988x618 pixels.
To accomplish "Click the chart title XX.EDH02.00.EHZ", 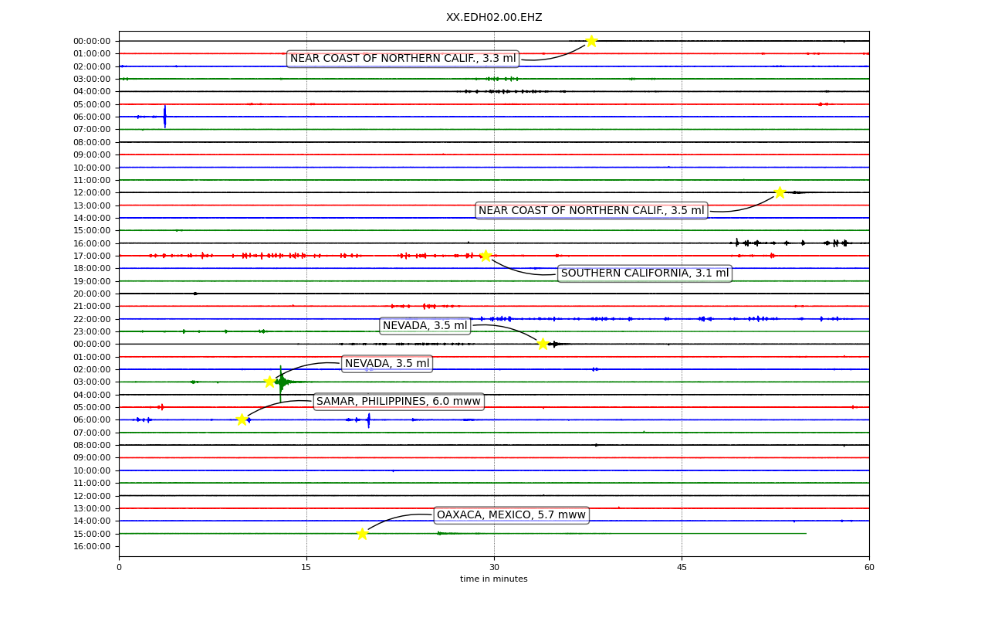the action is tap(494, 17).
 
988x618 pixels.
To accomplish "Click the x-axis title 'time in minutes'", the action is tap(493, 579).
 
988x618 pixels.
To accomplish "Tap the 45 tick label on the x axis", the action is tap(682, 567).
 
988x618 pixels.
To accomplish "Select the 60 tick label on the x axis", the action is tap(869, 567).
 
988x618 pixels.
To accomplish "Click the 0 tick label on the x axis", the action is tap(119, 567).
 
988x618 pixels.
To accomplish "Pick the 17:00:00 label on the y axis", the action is tap(92, 256).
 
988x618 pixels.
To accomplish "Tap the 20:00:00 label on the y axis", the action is tap(92, 294).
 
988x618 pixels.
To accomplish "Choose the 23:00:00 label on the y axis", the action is tap(92, 331).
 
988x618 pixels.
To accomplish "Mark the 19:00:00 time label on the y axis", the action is tap(92, 281).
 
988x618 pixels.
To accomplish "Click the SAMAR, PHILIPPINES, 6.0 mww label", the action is tap(399, 401).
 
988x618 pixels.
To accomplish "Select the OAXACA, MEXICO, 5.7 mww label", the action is tap(511, 514).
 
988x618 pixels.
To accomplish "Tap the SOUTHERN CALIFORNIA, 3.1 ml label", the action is tap(645, 273).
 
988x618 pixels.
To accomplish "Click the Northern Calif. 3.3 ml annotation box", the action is tap(403, 58).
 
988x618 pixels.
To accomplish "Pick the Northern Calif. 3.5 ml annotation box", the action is tap(591, 211).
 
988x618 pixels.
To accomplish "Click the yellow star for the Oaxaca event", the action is tap(362, 534).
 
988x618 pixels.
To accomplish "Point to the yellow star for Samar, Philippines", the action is tap(242, 419).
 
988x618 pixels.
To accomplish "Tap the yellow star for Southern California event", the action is tap(486, 256).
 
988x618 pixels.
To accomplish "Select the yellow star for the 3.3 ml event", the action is tap(591, 41).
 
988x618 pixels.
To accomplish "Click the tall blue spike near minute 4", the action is tap(165, 117).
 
